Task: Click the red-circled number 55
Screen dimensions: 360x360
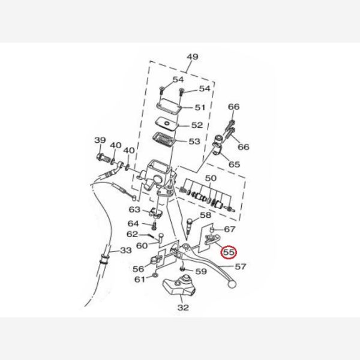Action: click(x=229, y=253)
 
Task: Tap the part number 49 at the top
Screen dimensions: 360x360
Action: click(x=193, y=57)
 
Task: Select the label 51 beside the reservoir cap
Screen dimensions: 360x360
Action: click(x=200, y=107)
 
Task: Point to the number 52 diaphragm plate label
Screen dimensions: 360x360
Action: click(x=197, y=125)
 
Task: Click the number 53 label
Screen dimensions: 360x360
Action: click(x=194, y=141)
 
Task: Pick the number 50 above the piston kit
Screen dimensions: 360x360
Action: click(x=211, y=178)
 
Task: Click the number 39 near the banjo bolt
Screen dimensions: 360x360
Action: click(x=100, y=140)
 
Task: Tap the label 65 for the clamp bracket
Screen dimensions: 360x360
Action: click(x=234, y=164)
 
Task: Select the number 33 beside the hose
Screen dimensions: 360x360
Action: click(x=126, y=250)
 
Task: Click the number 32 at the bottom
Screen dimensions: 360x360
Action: click(x=183, y=307)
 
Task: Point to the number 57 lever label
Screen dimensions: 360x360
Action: click(x=241, y=266)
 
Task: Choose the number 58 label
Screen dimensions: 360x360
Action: click(x=205, y=215)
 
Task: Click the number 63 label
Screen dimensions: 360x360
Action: click(x=134, y=209)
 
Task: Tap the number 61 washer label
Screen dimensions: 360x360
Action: click(x=140, y=280)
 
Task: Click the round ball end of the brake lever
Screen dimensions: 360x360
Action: click(x=232, y=284)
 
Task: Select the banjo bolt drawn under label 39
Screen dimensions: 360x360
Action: click(x=103, y=158)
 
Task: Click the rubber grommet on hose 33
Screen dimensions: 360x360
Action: click(x=104, y=259)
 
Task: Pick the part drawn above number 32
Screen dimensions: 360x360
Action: click(x=179, y=285)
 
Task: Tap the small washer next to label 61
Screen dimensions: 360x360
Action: click(x=155, y=275)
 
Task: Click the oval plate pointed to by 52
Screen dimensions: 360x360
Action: click(x=167, y=124)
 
